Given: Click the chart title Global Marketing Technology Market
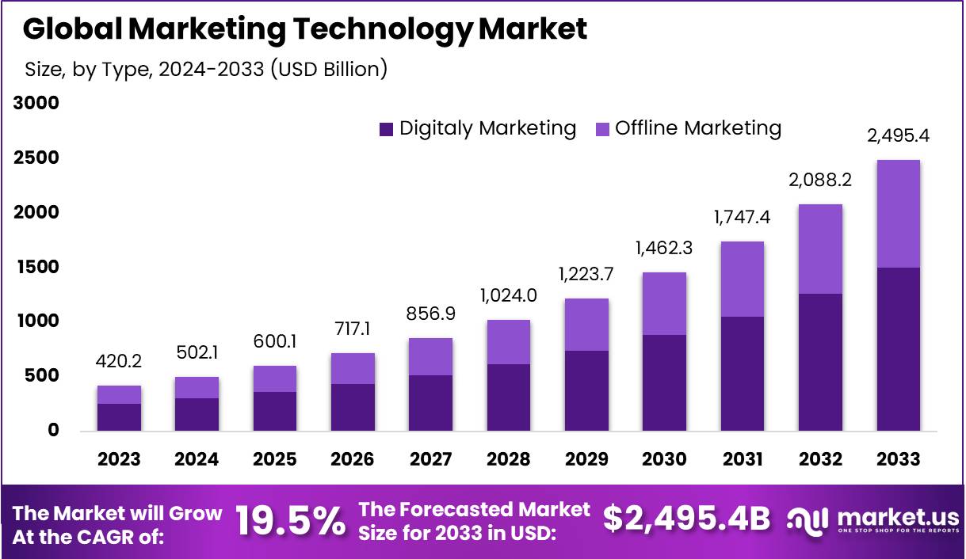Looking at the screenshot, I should pyautogui.click(x=305, y=29).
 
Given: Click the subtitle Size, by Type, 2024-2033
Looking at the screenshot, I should pyautogui.click(x=207, y=69).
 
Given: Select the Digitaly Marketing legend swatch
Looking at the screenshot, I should pyautogui.click(x=387, y=129).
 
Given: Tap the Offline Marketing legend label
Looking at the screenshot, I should pyautogui.click(x=698, y=128).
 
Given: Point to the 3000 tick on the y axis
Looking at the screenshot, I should pyautogui.click(x=36, y=104).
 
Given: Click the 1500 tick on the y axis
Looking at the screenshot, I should pyautogui.click(x=36, y=267).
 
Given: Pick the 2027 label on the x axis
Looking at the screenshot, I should pyautogui.click(x=430, y=459).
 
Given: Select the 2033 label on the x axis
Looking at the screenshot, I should pyautogui.click(x=899, y=459).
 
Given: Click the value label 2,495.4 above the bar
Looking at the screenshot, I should pyautogui.click(x=898, y=135).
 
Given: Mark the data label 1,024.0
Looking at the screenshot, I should pyautogui.click(x=508, y=295).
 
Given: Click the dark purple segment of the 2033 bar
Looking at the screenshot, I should pyautogui.click(x=898, y=348).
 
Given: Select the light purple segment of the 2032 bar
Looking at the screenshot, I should pyautogui.click(x=820, y=249).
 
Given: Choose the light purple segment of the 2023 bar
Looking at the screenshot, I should pyautogui.click(x=119, y=394).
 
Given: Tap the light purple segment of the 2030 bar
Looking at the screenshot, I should pyautogui.click(x=664, y=303).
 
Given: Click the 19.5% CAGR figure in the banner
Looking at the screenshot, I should pyautogui.click(x=291, y=520).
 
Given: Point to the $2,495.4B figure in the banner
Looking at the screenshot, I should pyautogui.click(x=686, y=519).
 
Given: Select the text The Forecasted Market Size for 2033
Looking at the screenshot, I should pyautogui.click(x=474, y=520).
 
